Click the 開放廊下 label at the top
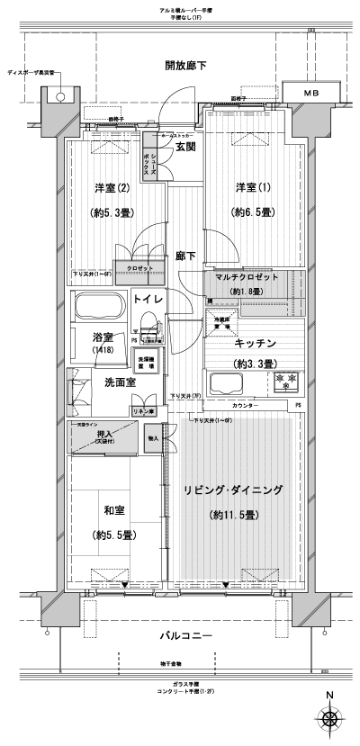pos(186,66)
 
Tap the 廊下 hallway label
pos(186,255)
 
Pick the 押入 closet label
pos(105,436)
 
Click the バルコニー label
pos(186,636)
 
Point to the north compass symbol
pos(330,719)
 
